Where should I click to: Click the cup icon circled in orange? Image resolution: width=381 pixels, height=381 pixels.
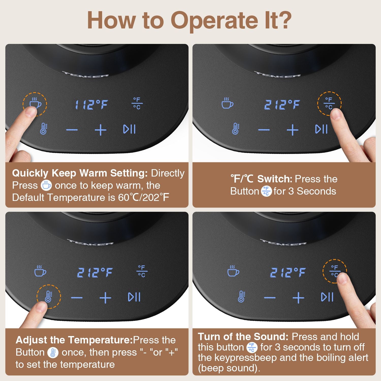(35, 103)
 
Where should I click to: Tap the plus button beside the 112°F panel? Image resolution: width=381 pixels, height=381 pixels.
(101, 130)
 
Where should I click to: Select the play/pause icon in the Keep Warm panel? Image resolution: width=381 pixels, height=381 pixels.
(130, 129)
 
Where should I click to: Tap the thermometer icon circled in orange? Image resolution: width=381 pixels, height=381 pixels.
(48, 296)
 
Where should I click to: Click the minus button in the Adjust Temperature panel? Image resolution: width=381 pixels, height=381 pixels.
(77, 298)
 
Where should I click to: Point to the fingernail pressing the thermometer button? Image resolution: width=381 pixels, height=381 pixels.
(41, 308)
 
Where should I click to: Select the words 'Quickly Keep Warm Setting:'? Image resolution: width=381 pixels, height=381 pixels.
(80, 173)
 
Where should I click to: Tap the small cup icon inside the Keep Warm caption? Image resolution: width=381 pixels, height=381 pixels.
(46, 185)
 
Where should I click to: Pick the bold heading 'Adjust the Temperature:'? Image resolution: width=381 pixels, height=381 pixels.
(74, 340)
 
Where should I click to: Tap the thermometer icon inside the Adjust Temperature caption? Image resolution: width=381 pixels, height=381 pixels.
(53, 353)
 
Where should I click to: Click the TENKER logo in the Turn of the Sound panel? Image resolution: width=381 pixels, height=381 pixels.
(283, 242)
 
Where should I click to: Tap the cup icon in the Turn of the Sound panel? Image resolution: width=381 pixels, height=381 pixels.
(233, 271)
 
